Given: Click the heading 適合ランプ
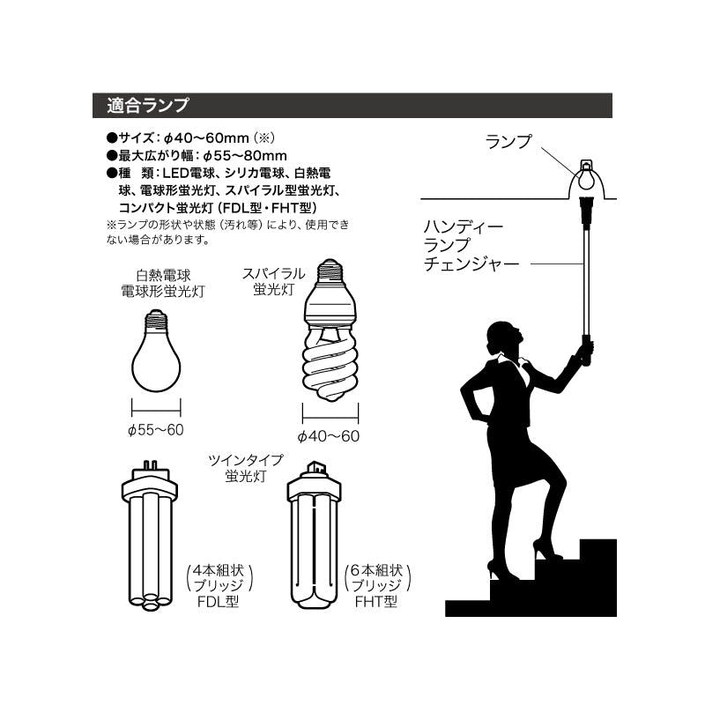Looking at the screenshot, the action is pos(148,105).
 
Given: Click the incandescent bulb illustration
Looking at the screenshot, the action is pos(156,351).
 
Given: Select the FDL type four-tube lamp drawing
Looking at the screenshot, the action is pos(150,536).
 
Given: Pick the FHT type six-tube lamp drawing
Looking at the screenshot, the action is pos(314,535).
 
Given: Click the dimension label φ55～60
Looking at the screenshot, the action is pos(156,430).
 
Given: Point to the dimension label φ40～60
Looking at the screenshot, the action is pos(329,436).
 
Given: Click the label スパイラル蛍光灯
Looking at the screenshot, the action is pos(273,281).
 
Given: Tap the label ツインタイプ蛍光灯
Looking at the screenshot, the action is pos(246,468).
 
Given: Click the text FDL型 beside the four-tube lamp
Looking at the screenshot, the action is pos(218,602).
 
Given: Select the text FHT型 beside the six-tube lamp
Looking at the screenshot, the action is pos(376,602).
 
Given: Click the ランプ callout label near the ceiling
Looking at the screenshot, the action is pos(508,142).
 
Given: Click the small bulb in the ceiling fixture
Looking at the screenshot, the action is pos(586,177).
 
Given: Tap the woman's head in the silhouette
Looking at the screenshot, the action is pos(504,338).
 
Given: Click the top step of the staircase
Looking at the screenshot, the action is pos(598,549).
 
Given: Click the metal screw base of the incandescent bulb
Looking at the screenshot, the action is pos(156,320).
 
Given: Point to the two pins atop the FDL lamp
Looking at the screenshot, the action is pos(150,464).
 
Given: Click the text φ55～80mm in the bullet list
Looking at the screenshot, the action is pos(245,156).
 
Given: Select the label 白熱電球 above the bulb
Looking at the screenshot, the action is pos(163,275).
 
